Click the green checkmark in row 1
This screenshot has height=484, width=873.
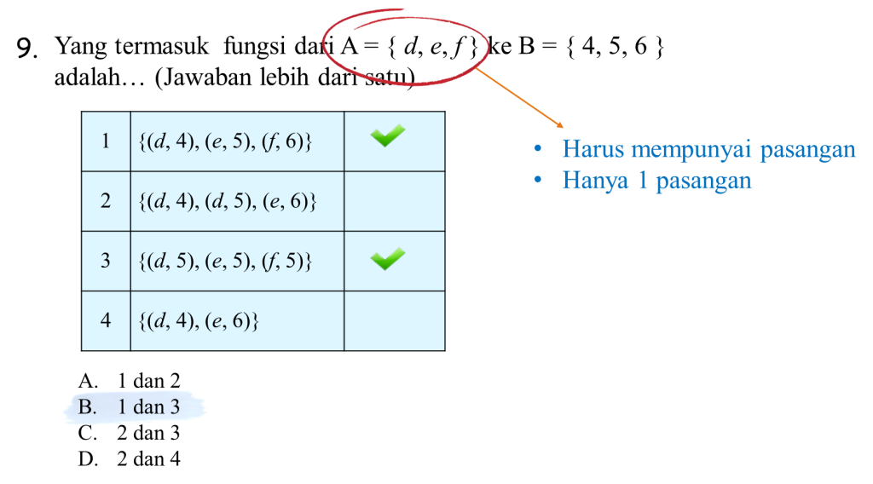(x=388, y=135)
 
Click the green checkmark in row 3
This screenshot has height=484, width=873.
(x=388, y=258)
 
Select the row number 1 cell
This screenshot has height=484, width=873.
(x=106, y=141)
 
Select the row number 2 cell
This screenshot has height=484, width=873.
(x=106, y=201)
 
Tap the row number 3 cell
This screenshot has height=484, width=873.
(x=106, y=261)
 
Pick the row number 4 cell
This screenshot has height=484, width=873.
(x=106, y=320)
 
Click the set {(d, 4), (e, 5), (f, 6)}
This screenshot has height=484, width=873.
(x=224, y=141)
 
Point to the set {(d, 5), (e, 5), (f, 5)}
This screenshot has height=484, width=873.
(x=224, y=261)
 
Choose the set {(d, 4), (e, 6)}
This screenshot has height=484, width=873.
(x=198, y=320)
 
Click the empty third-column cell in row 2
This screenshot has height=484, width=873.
(x=394, y=201)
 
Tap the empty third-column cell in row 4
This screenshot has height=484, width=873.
(x=394, y=320)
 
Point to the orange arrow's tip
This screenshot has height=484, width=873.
(x=561, y=128)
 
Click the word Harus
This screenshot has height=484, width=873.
(x=589, y=149)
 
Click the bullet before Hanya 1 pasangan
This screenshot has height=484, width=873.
(x=538, y=181)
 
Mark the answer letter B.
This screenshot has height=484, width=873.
(x=85, y=407)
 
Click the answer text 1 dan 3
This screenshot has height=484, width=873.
(x=149, y=407)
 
